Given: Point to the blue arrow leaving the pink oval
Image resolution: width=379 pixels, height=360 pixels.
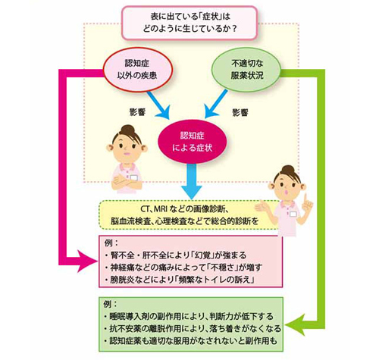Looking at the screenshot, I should tap(161, 101).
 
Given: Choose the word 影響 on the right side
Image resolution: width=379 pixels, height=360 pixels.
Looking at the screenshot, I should tap(240, 112).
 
